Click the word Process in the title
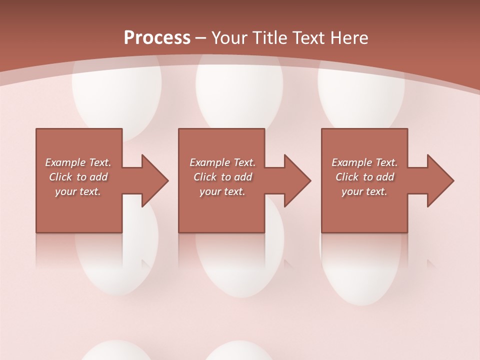157,38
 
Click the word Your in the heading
229,38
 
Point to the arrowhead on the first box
154,180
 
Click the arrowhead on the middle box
297,180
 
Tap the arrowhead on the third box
440,180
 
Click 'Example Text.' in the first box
78,162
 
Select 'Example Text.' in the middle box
222,162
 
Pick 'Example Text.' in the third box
364,162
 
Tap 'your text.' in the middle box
222,191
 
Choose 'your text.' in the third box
364,191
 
